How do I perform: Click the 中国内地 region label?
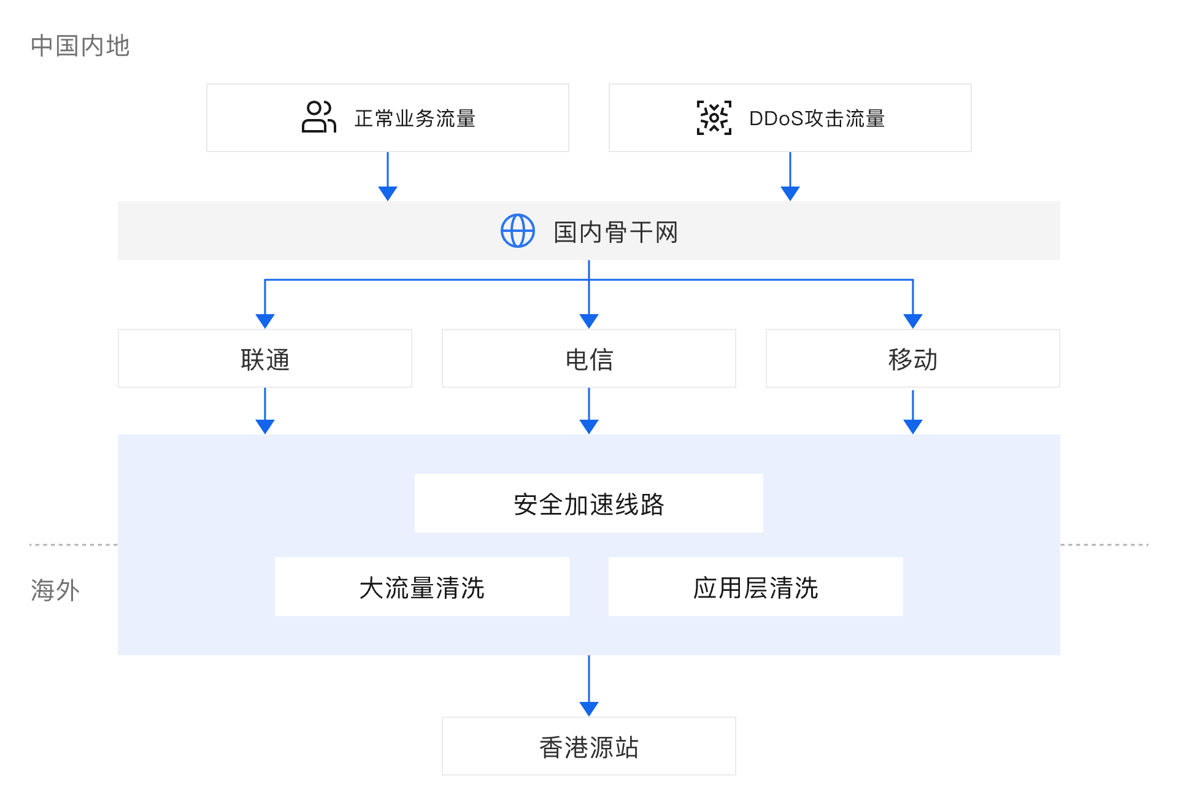click(80, 46)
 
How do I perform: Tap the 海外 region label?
click(55, 590)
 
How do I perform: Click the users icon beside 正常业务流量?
click(318, 117)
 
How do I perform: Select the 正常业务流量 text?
click(415, 118)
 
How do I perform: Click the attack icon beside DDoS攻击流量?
click(714, 118)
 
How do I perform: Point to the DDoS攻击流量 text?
click(817, 118)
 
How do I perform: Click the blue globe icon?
click(518, 231)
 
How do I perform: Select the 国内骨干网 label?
click(615, 233)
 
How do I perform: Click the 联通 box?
click(265, 359)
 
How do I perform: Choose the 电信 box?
click(589, 359)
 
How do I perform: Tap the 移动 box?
click(913, 359)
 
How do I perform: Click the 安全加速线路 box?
click(589, 504)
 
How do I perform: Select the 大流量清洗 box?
click(422, 587)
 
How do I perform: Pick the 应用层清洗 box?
click(756, 587)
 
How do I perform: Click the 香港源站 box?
click(589, 747)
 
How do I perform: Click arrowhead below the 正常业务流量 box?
click(388, 193)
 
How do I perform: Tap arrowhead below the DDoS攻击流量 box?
click(790, 193)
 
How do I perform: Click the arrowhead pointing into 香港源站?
click(589, 709)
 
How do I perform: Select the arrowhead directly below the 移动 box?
click(913, 426)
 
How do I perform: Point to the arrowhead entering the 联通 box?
click(265, 321)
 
